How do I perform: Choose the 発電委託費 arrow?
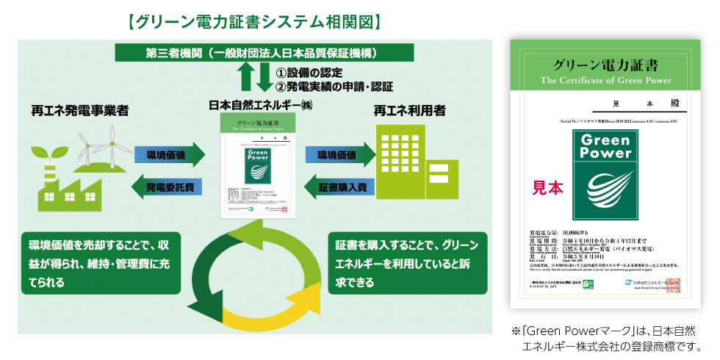168,188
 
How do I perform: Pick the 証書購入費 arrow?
341,188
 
